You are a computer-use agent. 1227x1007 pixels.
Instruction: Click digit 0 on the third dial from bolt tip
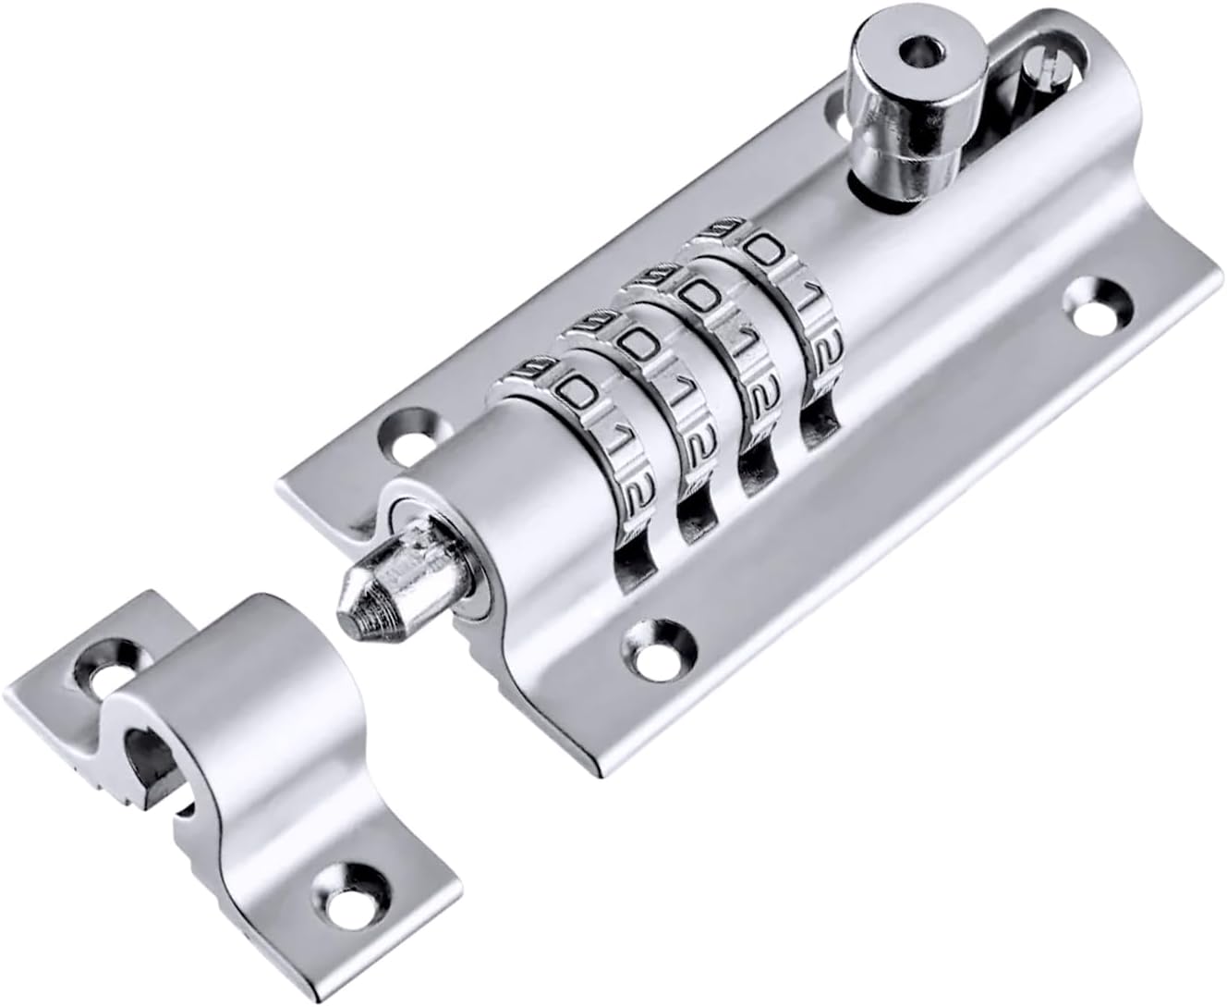[x=700, y=296]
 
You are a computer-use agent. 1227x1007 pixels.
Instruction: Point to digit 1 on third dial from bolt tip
[x=735, y=340]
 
